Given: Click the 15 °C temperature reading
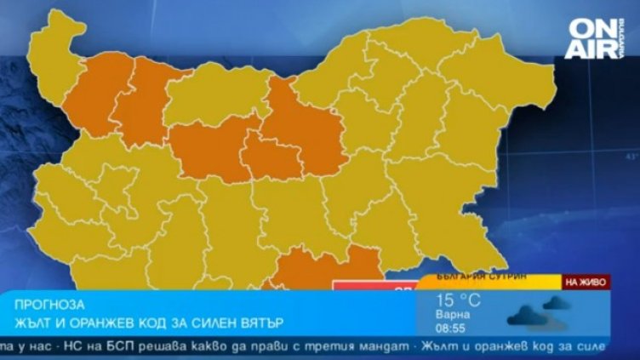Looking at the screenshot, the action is (459, 299).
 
